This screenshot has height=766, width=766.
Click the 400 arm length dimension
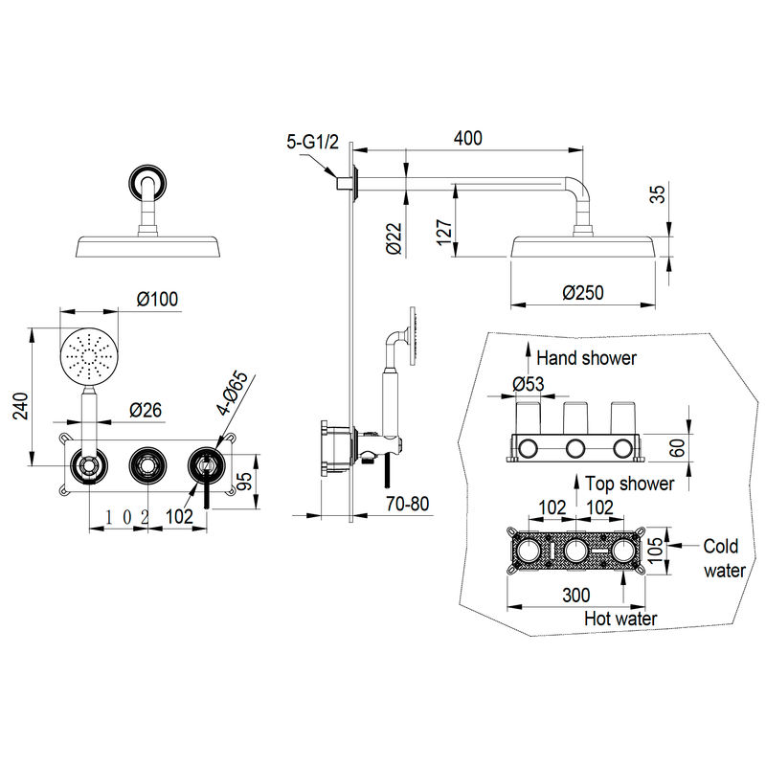468,138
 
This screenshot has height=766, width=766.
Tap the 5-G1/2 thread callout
313,142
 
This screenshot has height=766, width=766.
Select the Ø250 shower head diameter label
583,293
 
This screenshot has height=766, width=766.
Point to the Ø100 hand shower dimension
157,299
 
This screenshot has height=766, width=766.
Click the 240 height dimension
21,405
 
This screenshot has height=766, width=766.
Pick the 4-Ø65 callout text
233,394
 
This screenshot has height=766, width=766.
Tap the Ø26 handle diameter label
146,411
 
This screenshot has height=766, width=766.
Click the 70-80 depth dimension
408,504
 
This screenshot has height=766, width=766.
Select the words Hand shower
586,358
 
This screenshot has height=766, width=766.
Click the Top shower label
630,484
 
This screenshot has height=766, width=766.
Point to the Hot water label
620,619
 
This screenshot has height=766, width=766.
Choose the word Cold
721,546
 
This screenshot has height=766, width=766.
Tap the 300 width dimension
576,595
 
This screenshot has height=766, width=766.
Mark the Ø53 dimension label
529,384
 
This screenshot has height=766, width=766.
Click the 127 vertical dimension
444,232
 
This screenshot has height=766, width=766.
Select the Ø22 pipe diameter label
394,238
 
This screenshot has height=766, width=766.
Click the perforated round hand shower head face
89,356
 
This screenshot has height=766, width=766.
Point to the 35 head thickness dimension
659,194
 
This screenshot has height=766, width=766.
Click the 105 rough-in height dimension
658,550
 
